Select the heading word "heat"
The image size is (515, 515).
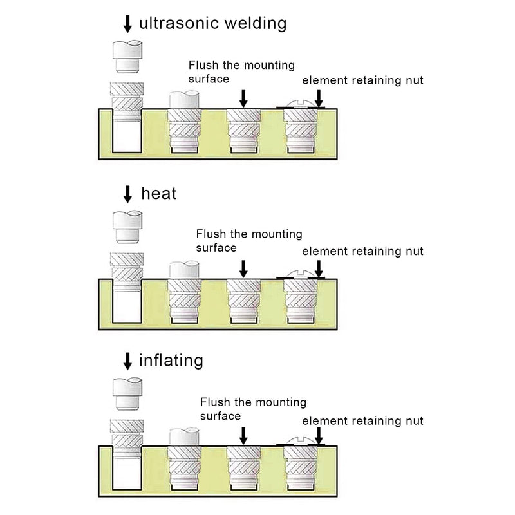pos(159,193)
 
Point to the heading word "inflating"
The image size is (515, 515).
pos(171,360)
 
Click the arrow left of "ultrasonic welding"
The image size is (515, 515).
pos(127,24)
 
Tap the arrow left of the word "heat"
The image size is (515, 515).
pos(127,194)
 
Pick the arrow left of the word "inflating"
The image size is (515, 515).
pos(127,361)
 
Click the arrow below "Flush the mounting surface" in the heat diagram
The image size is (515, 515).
pos(243,269)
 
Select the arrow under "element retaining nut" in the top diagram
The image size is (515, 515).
pos(319,98)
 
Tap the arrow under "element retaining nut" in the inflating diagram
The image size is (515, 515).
pos(319,436)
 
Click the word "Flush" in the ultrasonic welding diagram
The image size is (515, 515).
pos(203,65)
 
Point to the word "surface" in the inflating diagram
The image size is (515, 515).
pos(220,416)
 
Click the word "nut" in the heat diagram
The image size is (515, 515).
pos(415,251)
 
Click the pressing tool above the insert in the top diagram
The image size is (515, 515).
pos(127,57)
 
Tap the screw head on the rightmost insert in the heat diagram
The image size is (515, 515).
pos(301,275)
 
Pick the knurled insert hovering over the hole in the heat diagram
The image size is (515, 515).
pos(127,272)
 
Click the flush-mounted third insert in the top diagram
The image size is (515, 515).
pos(243,131)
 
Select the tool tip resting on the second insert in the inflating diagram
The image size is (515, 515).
pos(184,437)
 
